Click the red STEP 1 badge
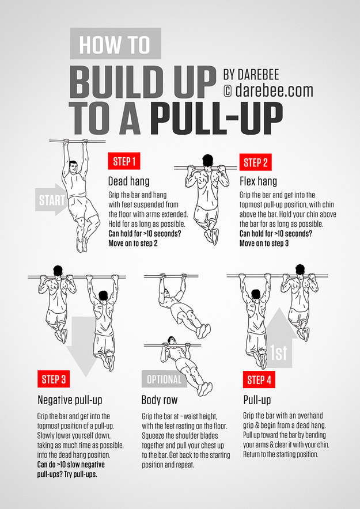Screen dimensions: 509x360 coord(124,162)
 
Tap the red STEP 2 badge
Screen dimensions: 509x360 coord(256,162)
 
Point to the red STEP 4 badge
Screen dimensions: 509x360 coord(259,379)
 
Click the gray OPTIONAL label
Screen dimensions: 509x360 coord(164,379)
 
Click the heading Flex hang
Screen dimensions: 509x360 coord(258,181)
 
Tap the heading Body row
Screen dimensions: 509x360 coord(160,400)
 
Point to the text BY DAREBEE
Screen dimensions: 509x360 coord(259,74)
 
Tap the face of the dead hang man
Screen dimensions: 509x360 coord(73,170)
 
